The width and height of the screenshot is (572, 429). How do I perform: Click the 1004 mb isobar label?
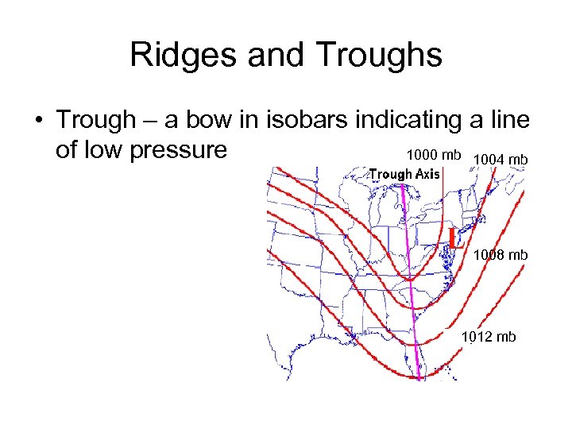tap(498, 161)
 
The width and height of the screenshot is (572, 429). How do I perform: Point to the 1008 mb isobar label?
tap(500, 255)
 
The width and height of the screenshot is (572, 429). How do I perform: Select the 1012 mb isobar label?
tap(489, 337)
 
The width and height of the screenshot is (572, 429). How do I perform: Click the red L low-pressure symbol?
tap(454, 238)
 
